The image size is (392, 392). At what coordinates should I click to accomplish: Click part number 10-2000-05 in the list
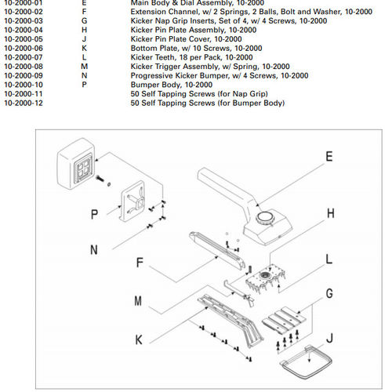(24, 39)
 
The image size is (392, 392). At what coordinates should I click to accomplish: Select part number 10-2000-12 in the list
(24, 103)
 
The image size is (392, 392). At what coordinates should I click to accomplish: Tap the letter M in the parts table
(84, 67)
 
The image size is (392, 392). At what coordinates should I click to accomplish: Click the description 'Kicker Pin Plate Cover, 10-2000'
(186, 39)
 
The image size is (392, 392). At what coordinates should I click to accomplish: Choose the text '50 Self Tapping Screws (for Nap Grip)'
(199, 94)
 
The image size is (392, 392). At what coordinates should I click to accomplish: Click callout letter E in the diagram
(329, 157)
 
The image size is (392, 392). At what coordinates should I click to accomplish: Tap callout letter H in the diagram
(331, 213)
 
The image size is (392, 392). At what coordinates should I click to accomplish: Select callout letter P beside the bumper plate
(94, 214)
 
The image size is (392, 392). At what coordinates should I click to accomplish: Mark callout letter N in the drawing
(94, 249)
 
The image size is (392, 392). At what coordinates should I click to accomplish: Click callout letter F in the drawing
(140, 262)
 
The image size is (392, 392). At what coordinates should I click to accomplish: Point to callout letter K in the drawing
(139, 339)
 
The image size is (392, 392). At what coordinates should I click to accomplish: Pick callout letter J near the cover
(329, 338)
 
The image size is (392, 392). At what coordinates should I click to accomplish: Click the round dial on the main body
(264, 217)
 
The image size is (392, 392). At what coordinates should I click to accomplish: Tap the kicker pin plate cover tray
(306, 361)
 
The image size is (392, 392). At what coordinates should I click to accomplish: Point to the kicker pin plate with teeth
(265, 279)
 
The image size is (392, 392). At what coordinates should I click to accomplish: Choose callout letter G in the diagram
(329, 293)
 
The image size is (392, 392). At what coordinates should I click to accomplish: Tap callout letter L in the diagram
(329, 259)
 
